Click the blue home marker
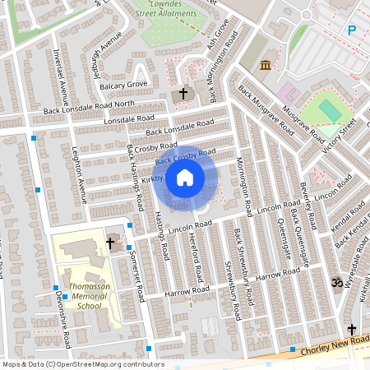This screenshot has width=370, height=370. coord(185,178)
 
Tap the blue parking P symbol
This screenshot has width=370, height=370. coord(352,31)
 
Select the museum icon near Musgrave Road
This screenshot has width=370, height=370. coord(266,65)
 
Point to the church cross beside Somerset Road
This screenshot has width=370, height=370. coord(110,243)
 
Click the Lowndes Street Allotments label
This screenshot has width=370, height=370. coord(173,8)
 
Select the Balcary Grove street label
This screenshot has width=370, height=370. coord(123,85)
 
